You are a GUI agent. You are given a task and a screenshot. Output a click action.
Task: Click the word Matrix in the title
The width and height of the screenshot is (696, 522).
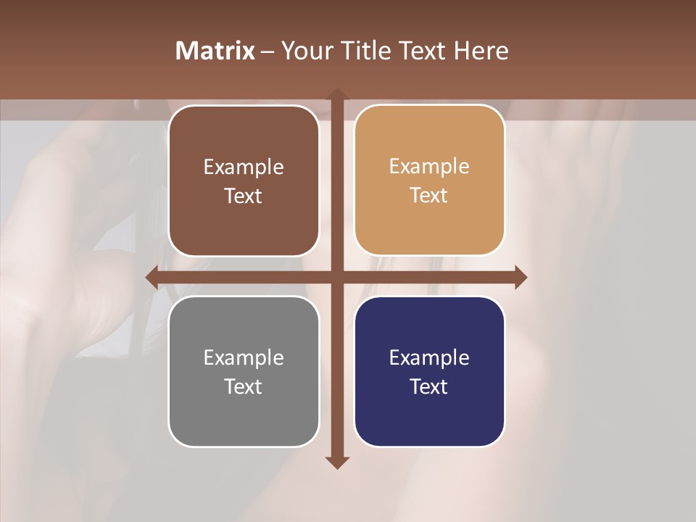tap(215, 51)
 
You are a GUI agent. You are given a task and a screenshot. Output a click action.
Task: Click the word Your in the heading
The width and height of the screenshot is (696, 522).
tap(305, 51)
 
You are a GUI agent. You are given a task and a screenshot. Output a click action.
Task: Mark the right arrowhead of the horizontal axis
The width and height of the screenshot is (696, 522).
tap(520, 277)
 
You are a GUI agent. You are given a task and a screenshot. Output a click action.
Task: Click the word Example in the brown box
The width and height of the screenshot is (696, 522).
tap(244, 167)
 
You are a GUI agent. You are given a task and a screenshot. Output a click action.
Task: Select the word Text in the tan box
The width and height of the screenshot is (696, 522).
tap(429, 196)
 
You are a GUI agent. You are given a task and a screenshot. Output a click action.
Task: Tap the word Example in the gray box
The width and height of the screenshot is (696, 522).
tap(244, 357)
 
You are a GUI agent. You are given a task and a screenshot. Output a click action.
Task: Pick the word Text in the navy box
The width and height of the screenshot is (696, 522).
tap(429, 386)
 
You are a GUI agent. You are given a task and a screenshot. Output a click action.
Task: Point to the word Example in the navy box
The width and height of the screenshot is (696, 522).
tap(429, 357)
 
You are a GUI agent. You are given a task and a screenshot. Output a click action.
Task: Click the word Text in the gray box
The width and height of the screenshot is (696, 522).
tap(244, 386)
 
